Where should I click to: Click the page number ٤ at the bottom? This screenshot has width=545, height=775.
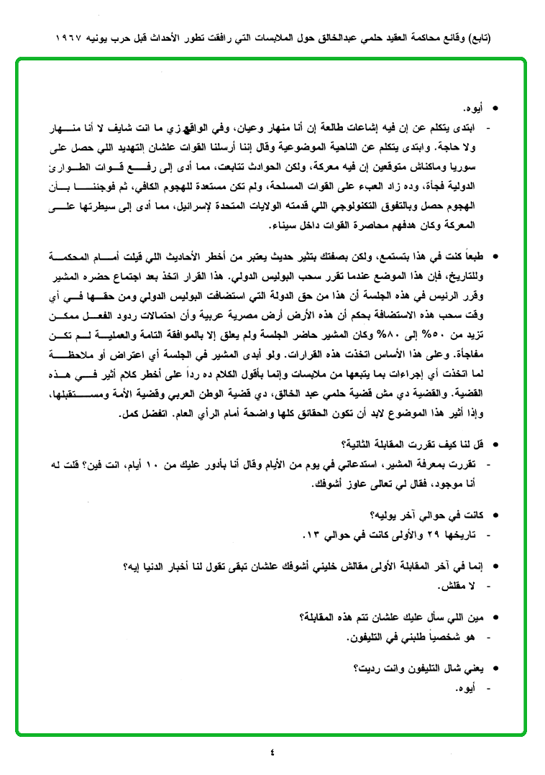pyautogui.click(x=272, y=753)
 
